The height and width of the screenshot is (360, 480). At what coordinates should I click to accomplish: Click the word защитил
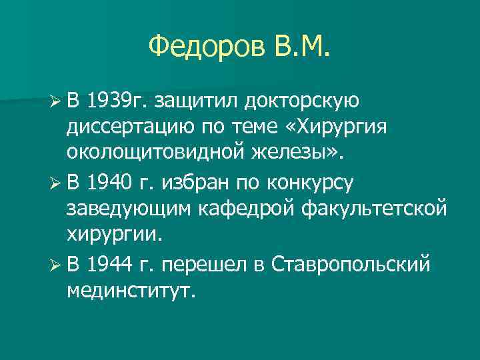(x=198, y=101)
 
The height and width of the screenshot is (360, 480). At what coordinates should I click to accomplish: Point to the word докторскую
(x=303, y=101)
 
